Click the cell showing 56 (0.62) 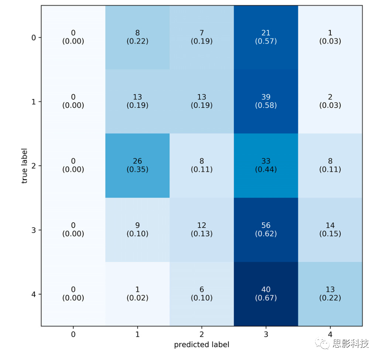pyautogui.click(x=266, y=229)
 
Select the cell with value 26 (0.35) pyautogui.click(x=137, y=165)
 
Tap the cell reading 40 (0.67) pyautogui.click(x=266, y=294)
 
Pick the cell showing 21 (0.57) pyautogui.click(x=266, y=37)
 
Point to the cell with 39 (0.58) pyautogui.click(x=266, y=101)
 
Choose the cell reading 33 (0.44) pyautogui.click(x=266, y=165)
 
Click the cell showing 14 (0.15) pyautogui.click(x=330, y=229)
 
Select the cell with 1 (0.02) pyautogui.click(x=137, y=294)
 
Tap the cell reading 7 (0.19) pyautogui.click(x=201, y=37)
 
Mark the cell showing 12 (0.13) pyautogui.click(x=201, y=229)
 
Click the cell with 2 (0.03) pyautogui.click(x=330, y=101)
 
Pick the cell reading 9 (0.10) pyautogui.click(x=137, y=229)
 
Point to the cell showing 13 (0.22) pyautogui.click(x=330, y=294)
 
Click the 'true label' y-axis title pyautogui.click(x=25, y=166)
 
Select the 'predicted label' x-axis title pyautogui.click(x=201, y=344)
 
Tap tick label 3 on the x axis pyautogui.click(x=266, y=334)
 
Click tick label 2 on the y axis pyautogui.click(x=34, y=166)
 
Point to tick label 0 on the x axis pyautogui.click(x=73, y=334)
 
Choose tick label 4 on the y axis pyautogui.click(x=34, y=294)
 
